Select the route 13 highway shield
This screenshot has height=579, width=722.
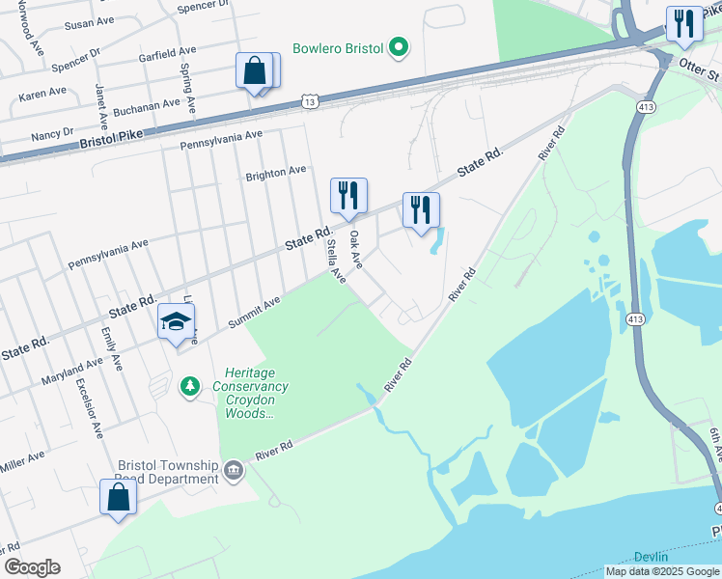(309, 100)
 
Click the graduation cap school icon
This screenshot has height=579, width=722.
(177, 322)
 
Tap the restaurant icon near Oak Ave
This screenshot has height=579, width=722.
(348, 196)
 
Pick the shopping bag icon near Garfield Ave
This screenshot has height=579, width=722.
(255, 70)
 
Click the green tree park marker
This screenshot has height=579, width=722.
(190, 387)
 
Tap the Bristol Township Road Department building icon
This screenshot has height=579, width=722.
(234, 471)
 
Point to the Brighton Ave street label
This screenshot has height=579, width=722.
(276, 172)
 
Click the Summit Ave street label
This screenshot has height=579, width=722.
(254, 310)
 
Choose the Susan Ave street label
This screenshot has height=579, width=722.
(88, 24)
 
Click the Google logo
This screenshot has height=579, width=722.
(32, 567)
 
